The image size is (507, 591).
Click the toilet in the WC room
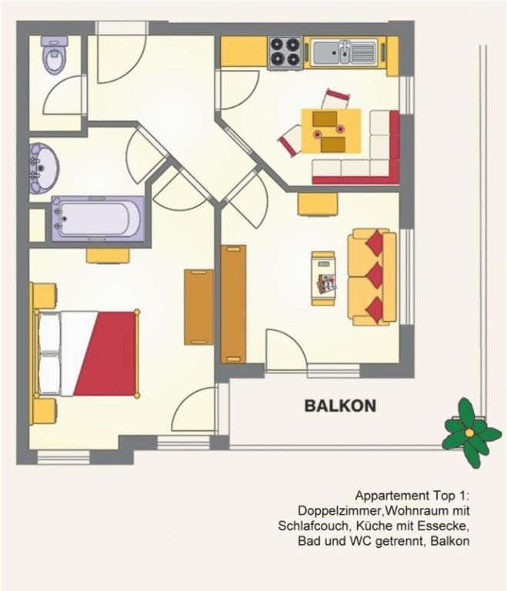coord(55,55)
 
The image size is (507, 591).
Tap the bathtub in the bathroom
coord(98,219)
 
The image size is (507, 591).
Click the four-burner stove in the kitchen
coord(285,53)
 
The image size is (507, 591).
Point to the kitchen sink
coord(345,52)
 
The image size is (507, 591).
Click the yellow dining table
coord(331,131)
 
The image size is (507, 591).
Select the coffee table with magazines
coord(323,278)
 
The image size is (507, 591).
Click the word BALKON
coord(340,406)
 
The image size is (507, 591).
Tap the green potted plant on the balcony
coord(470,432)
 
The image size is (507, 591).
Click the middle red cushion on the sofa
coord(375,275)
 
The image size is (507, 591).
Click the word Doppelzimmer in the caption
coord(340,511)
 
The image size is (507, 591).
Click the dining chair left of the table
coord(290,140)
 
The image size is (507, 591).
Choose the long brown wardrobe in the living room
coord(233,304)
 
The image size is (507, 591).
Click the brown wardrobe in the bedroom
coord(198,307)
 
